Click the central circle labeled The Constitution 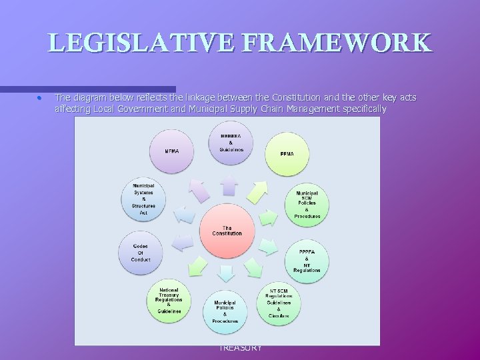click(x=227, y=231)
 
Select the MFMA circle click(x=171, y=151)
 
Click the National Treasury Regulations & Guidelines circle click(x=169, y=300)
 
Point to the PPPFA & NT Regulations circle click(x=307, y=260)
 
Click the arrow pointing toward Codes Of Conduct click(x=180, y=244)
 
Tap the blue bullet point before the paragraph click(x=40, y=98)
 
